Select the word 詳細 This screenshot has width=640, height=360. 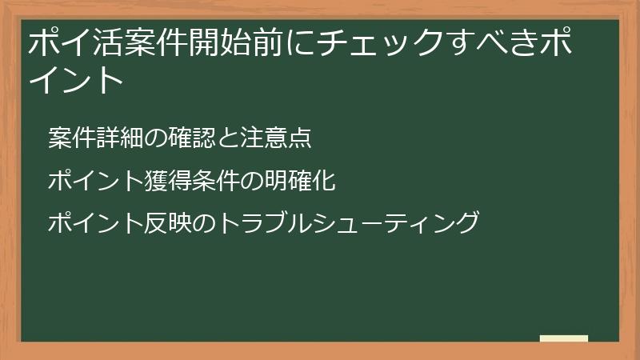[122, 138]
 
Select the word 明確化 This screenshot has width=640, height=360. [298, 181]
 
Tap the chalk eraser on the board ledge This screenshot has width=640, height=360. [564, 338]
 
